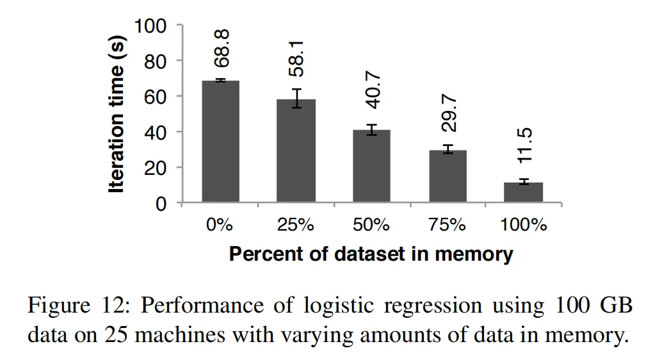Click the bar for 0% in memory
(x=221, y=142)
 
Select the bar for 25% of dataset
(x=296, y=151)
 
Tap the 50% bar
(x=372, y=167)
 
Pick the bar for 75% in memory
(x=448, y=176)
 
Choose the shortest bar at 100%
(x=524, y=193)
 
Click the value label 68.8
(x=222, y=48)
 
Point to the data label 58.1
(x=296, y=59)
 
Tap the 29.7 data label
(x=449, y=113)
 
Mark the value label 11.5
(x=524, y=145)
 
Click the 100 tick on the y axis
(x=150, y=26)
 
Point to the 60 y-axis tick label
(x=156, y=97)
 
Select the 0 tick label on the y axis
(x=161, y=204)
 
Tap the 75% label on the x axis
(x=447, y=225)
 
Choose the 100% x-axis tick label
(x=524, y=225)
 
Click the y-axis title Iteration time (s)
(x=116, y=114)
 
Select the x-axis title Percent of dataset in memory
(x=371, y=254)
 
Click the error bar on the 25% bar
(x=296, y=99)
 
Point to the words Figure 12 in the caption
(x=79, y=305)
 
